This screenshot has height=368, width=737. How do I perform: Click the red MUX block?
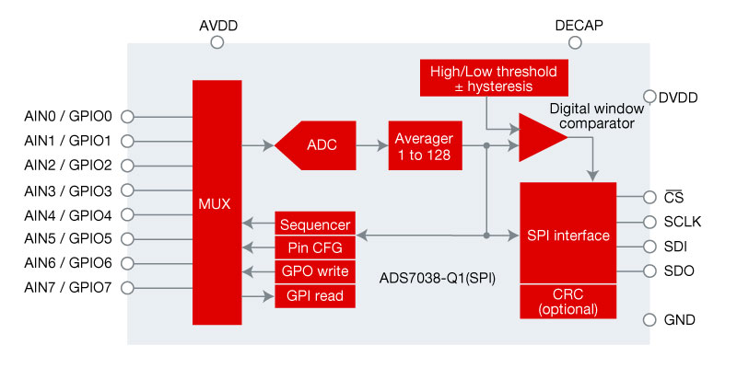pyautogui.click(x=217, y=202)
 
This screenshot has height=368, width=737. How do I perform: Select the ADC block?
pyautogui.click(x=318, y=144)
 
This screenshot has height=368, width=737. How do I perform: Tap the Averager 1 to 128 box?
pyautogui.click(x=423, y=144)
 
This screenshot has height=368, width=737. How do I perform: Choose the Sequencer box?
pyautogui.click(x=314, y=224)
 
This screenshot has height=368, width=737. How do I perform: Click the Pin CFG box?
pyautogui.click(x=314, y=248)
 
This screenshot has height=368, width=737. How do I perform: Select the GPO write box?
pyautogui.click(x=314, y=272)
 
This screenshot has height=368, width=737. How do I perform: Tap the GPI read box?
pyautogui.click(x=314, y=296)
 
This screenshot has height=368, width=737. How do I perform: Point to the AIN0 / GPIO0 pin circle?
pyautogui.click(x=128, y=117)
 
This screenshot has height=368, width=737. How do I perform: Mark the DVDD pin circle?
pyautogui.click(x=649, y=97)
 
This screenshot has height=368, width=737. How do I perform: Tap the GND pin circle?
pyautogui.click(x=649, y=319)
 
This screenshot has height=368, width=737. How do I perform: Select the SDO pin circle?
pyautogui.click(x=649, y=271)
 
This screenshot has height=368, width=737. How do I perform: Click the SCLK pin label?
pyautogui.click(x=683, y=222)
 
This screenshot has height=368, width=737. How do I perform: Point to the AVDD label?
pyautogui.click(x=218, y=26)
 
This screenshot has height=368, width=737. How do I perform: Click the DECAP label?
pyautogui.click(x=579, y=26)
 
